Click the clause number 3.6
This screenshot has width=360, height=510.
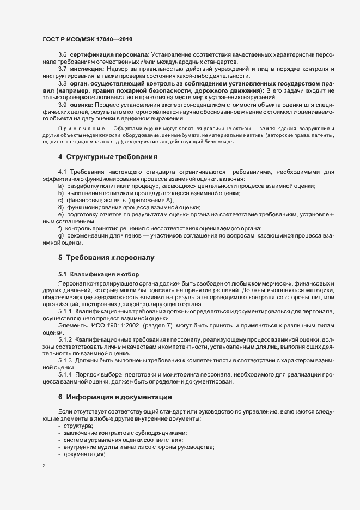[63, 56]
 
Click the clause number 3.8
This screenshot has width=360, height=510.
[63, 83]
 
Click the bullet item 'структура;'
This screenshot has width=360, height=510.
[78, 425]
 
